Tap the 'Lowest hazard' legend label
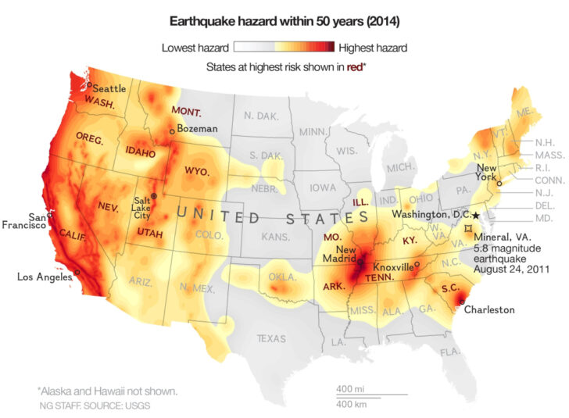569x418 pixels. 195,48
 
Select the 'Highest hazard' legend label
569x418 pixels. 372,48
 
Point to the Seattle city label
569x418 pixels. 109,88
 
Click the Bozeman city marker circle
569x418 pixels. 172,131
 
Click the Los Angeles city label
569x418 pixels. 46,276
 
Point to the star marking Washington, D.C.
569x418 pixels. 476,215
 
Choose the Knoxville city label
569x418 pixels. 392,266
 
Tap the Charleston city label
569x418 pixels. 489,309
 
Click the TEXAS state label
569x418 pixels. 271,338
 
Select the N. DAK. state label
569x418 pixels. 260,116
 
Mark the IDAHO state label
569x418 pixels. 140,148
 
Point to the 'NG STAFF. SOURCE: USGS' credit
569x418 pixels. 95,406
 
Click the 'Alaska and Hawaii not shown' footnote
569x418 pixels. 107,391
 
